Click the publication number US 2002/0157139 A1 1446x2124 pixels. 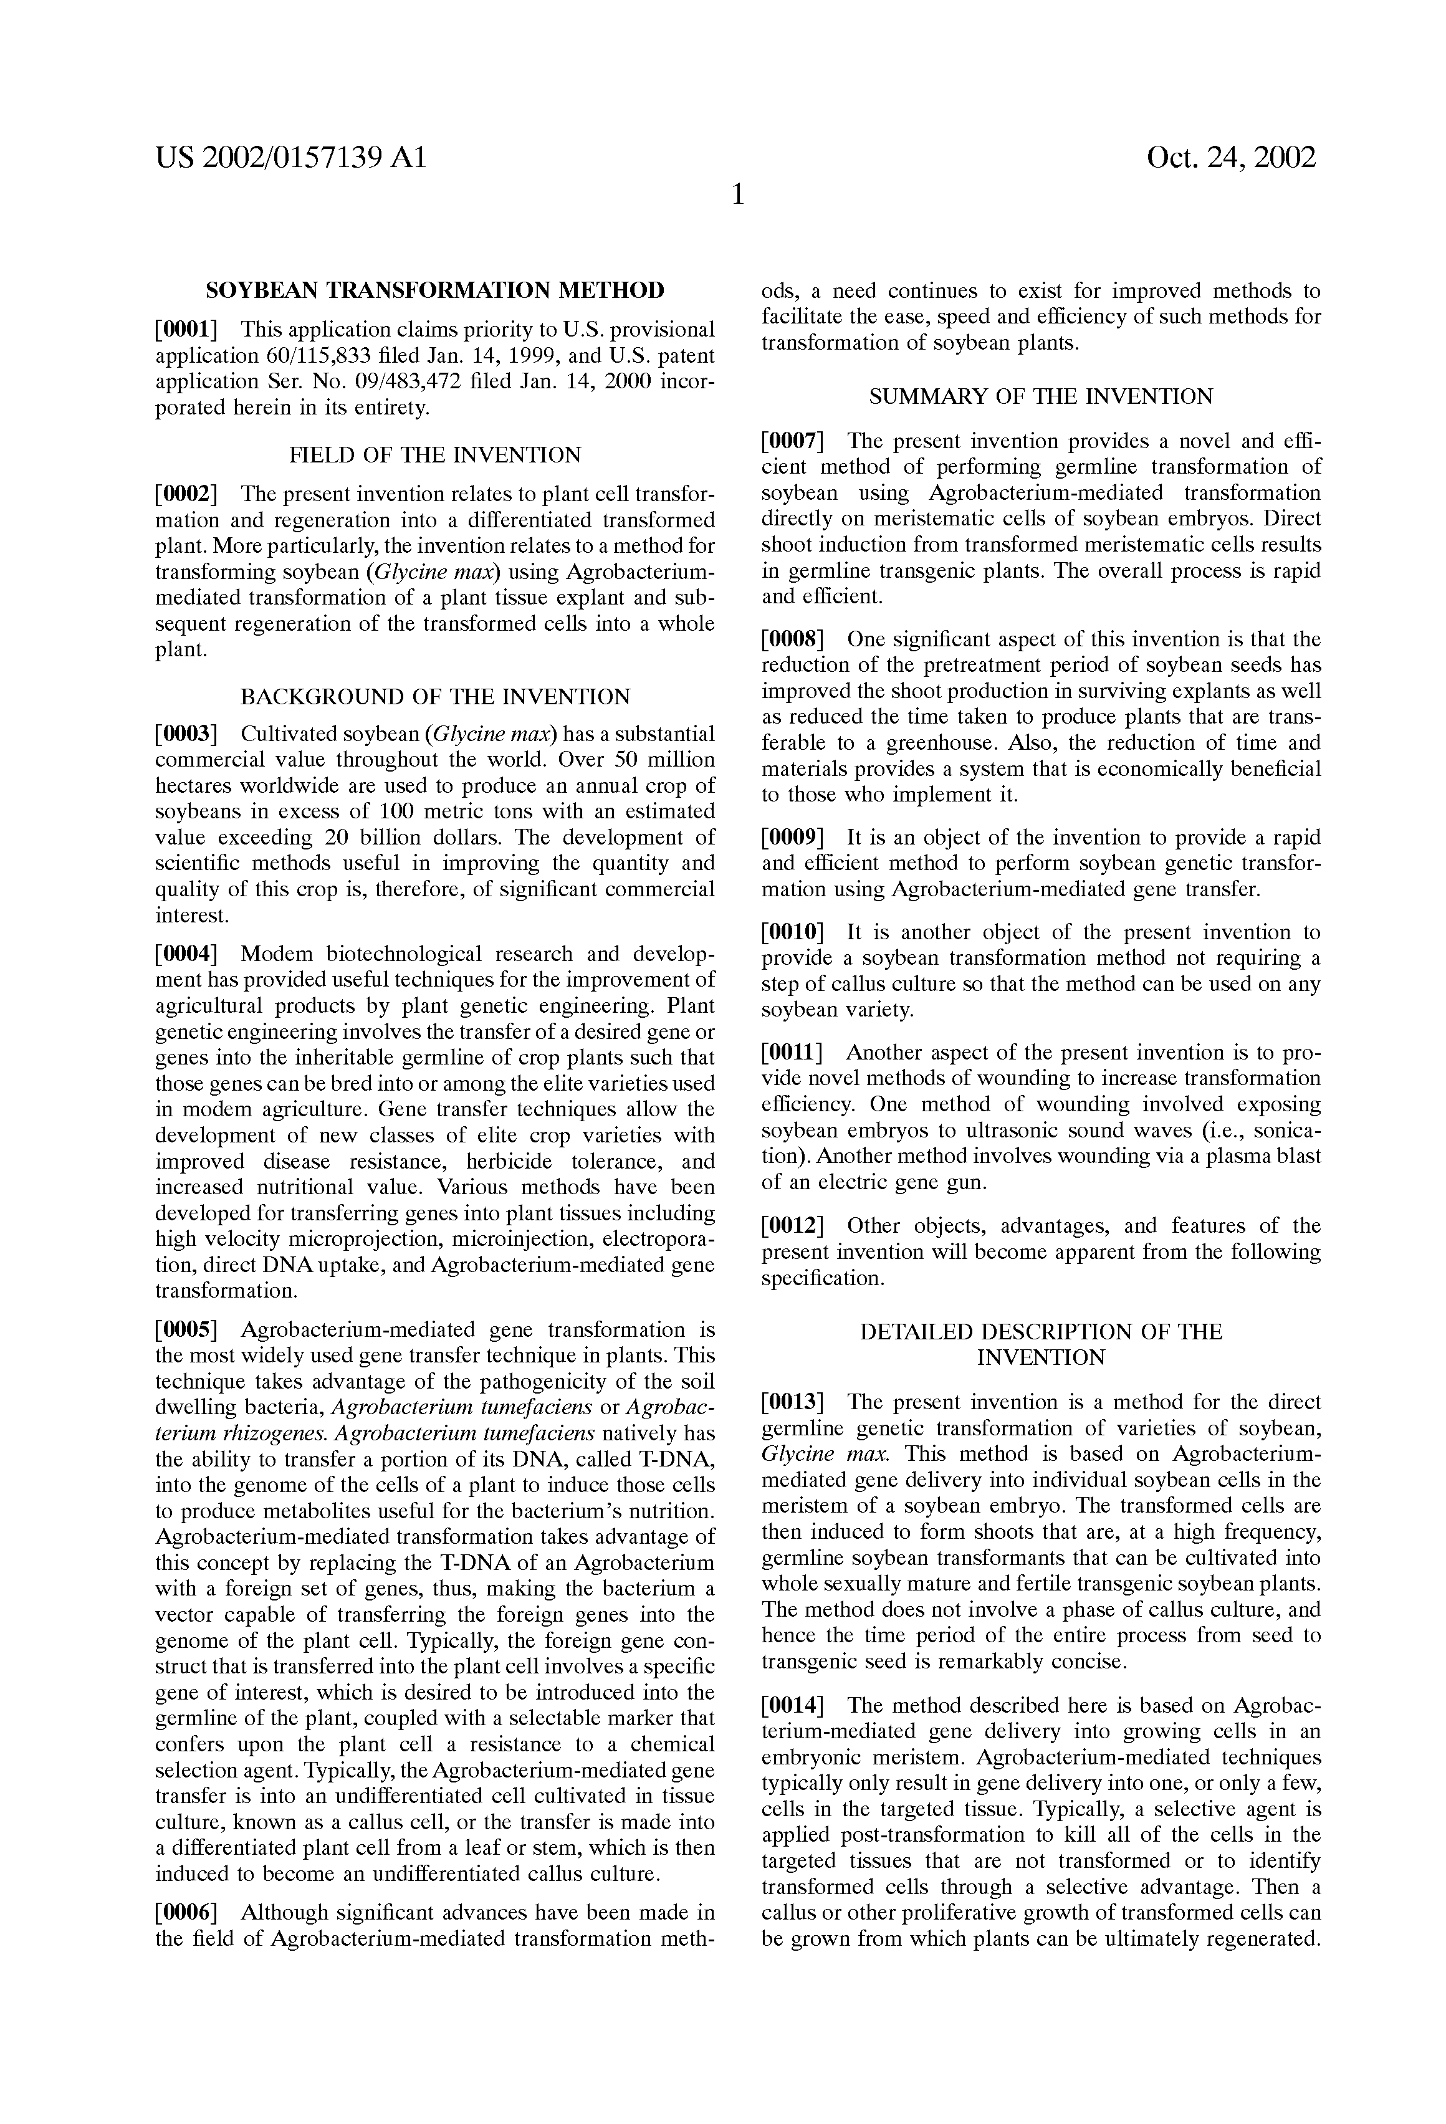(290, 158)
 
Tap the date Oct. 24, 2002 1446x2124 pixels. (1230, 158)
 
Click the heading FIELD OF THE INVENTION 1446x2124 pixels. (435, 455)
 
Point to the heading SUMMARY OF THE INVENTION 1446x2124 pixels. (1041, 396)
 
